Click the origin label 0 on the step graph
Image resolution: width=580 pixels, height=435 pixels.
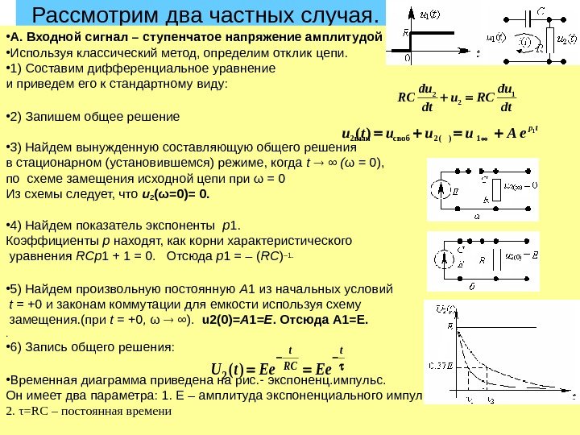pos(408,58)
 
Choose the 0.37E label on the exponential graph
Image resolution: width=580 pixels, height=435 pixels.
pos(441,366)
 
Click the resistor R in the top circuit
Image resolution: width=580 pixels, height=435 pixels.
pos(551,39)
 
